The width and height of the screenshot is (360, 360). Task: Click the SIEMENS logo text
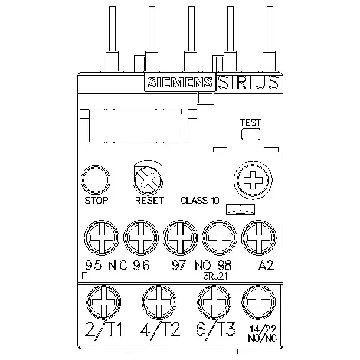coord(180,83)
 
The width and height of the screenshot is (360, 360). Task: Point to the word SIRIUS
coord(248,82)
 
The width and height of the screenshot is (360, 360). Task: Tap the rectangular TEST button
coord(251,134)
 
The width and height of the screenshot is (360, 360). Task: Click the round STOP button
coord(96,180)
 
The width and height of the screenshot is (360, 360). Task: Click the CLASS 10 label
coord(200,201)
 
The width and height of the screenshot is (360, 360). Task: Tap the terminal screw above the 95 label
coord(102,238)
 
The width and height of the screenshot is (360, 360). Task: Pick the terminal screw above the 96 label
coord(141,238)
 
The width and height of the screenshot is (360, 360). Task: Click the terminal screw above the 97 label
coord(180,238)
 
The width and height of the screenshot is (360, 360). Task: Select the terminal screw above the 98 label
coord(220,238)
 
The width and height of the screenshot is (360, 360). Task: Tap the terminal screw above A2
coord(258,238)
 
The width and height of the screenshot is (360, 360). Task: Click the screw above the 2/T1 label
coord(103,302)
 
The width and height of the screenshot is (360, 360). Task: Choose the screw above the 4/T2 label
coord(159,302)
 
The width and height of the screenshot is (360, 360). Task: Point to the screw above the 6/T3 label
coord(215,302)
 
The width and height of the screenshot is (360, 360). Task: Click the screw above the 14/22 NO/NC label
coord(258,302)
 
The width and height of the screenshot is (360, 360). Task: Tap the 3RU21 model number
coord(215,276)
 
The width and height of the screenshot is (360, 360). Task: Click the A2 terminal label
coord(266,266)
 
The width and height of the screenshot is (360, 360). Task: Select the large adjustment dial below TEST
coord(253,180)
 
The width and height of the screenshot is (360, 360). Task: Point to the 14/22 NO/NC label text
coord(263,333)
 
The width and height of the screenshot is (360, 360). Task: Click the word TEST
coord(251,123)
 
